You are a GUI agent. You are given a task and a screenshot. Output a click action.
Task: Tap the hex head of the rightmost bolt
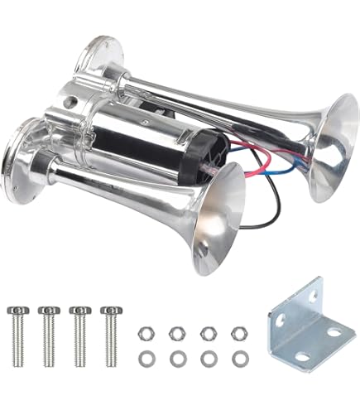click(x=109, y=311)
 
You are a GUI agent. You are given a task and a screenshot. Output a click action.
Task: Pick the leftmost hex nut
click(x=143, y=333)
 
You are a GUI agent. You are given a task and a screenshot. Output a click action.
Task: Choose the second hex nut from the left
click(x=175, y=333)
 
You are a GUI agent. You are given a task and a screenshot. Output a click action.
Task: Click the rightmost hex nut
click(x=238, y=333)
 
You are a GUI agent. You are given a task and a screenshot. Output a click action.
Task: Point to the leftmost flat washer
click(x=143, y=359)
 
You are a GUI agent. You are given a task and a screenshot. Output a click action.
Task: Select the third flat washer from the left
click(x=207, y=359)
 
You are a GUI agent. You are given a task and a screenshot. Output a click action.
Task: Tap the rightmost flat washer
click(x=239, y=359)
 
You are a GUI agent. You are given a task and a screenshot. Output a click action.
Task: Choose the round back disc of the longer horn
click(x=97, y=62)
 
